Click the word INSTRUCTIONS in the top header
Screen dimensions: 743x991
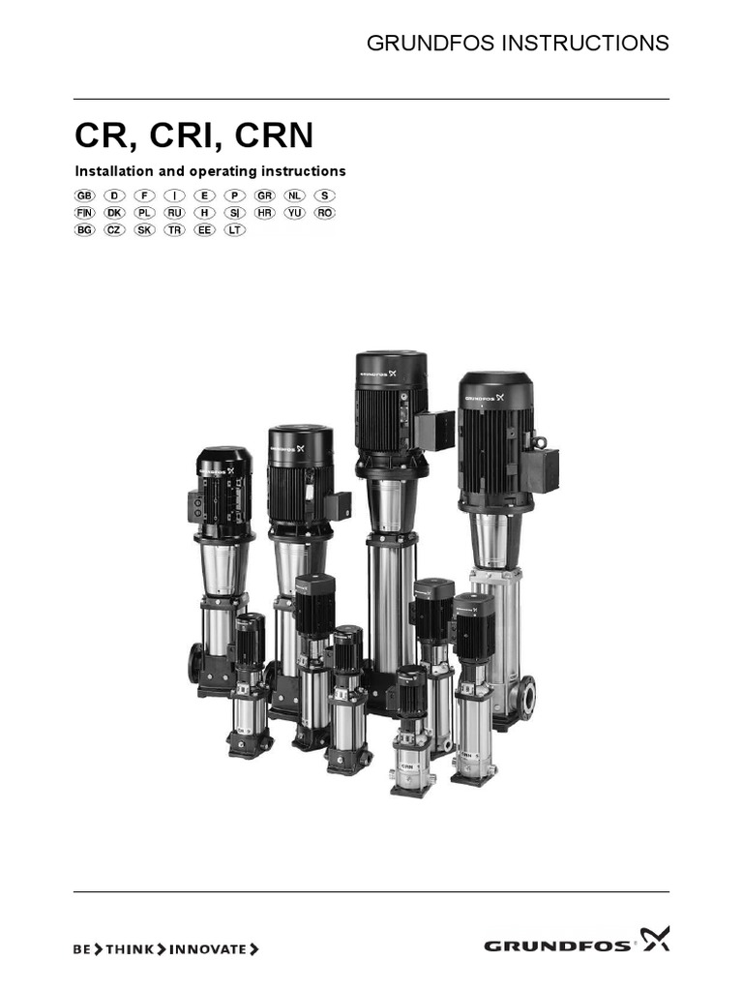click(585, 43)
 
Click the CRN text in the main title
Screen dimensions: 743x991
click(274, 135)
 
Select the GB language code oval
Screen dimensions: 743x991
click(85, 195)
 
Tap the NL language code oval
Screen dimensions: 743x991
click(294, 195)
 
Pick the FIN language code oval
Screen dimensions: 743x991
click(85, 213)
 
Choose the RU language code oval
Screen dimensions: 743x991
click(174, 213)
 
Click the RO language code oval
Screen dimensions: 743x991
click(325, 213)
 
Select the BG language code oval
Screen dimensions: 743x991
click(85, 230)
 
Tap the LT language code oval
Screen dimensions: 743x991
click(234, 230)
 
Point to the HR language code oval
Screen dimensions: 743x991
click(265, 213)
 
